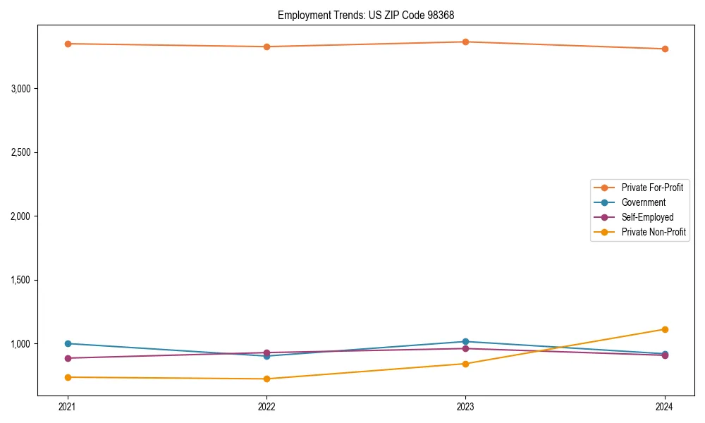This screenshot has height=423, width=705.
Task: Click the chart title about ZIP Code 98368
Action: point(372,15)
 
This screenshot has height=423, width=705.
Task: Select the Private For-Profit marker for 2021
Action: point(68,44)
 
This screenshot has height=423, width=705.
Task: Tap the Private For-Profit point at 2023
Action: point(465,42)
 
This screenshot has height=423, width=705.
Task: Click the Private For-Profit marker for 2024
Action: point(665,49)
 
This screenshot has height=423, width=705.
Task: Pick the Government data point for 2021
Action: point(68,343)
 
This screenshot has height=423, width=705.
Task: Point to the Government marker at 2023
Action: point(465,341)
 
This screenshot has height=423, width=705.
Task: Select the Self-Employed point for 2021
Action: point(68,358)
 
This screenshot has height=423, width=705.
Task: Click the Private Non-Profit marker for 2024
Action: point(665,329)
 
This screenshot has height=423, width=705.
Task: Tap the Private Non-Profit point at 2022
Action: point(266,379)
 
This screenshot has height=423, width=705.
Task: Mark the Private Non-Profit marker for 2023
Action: point(465,364)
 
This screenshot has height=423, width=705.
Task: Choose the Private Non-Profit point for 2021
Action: point(68,377)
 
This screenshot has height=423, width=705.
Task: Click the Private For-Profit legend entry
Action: point(652,188)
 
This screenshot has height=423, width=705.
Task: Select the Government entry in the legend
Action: point(643,202)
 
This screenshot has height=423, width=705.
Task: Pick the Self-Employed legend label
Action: point(647,217)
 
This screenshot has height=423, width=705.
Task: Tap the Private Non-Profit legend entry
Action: point(654,232)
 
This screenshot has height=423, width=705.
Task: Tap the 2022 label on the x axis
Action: point(266,407)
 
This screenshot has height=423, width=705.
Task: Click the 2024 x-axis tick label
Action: point(665,407)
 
